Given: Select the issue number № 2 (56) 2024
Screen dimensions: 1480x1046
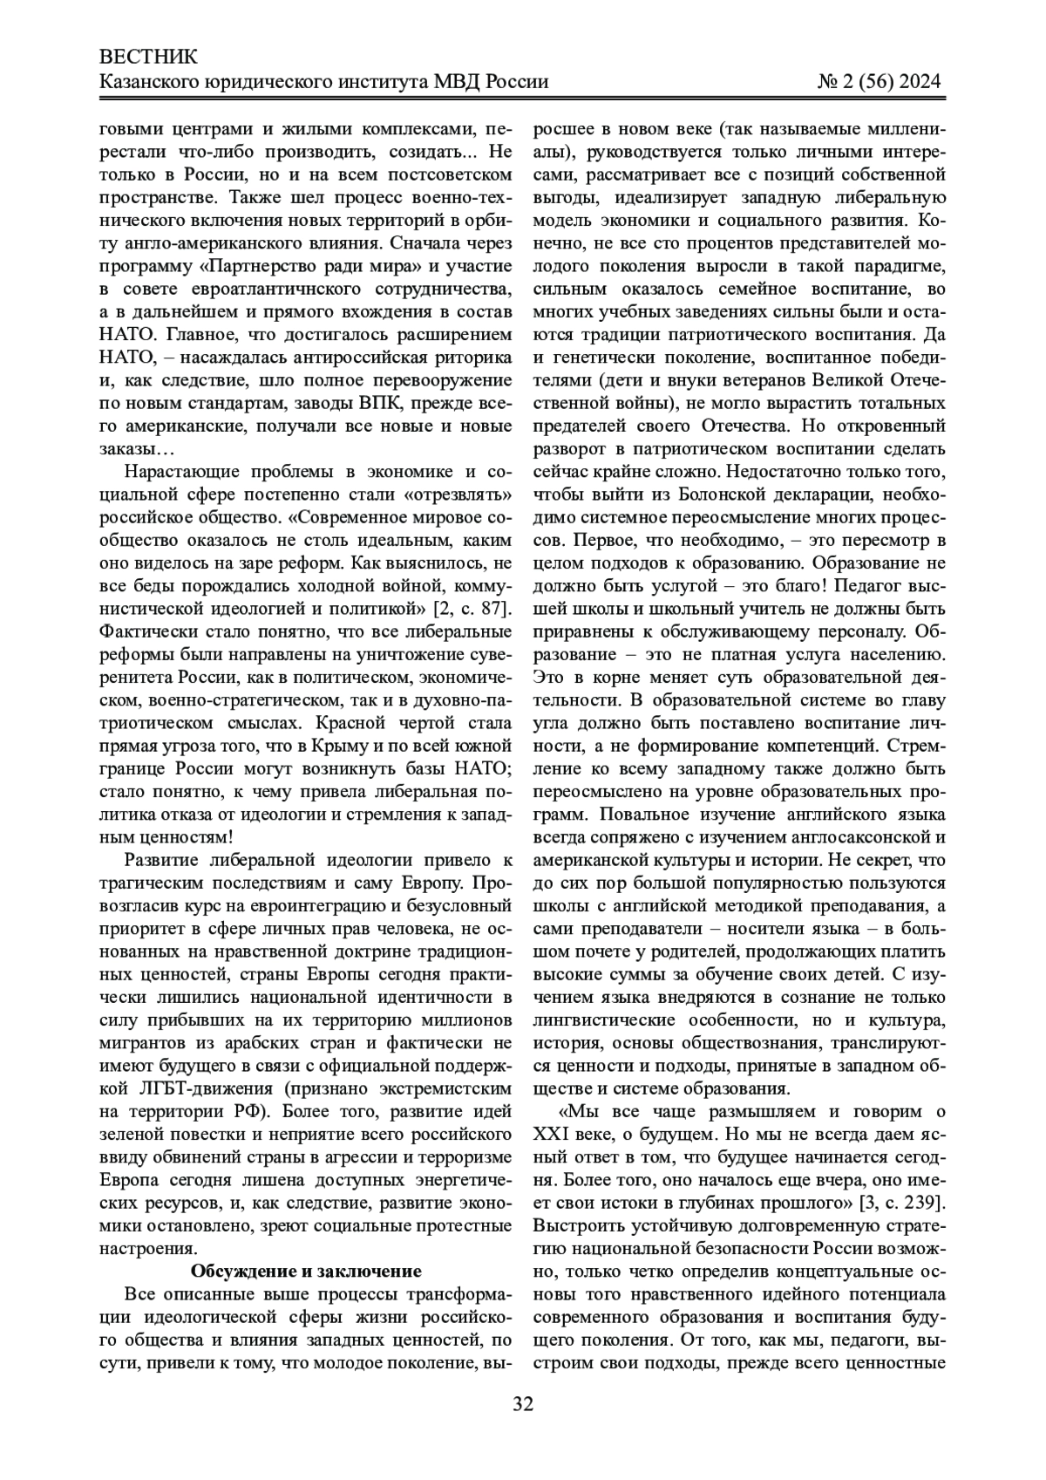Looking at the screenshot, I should pos(879,82).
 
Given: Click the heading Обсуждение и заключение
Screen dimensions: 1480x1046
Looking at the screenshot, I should pos(306,1270).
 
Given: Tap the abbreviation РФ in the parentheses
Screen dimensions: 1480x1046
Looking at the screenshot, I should pos(254,1111).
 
